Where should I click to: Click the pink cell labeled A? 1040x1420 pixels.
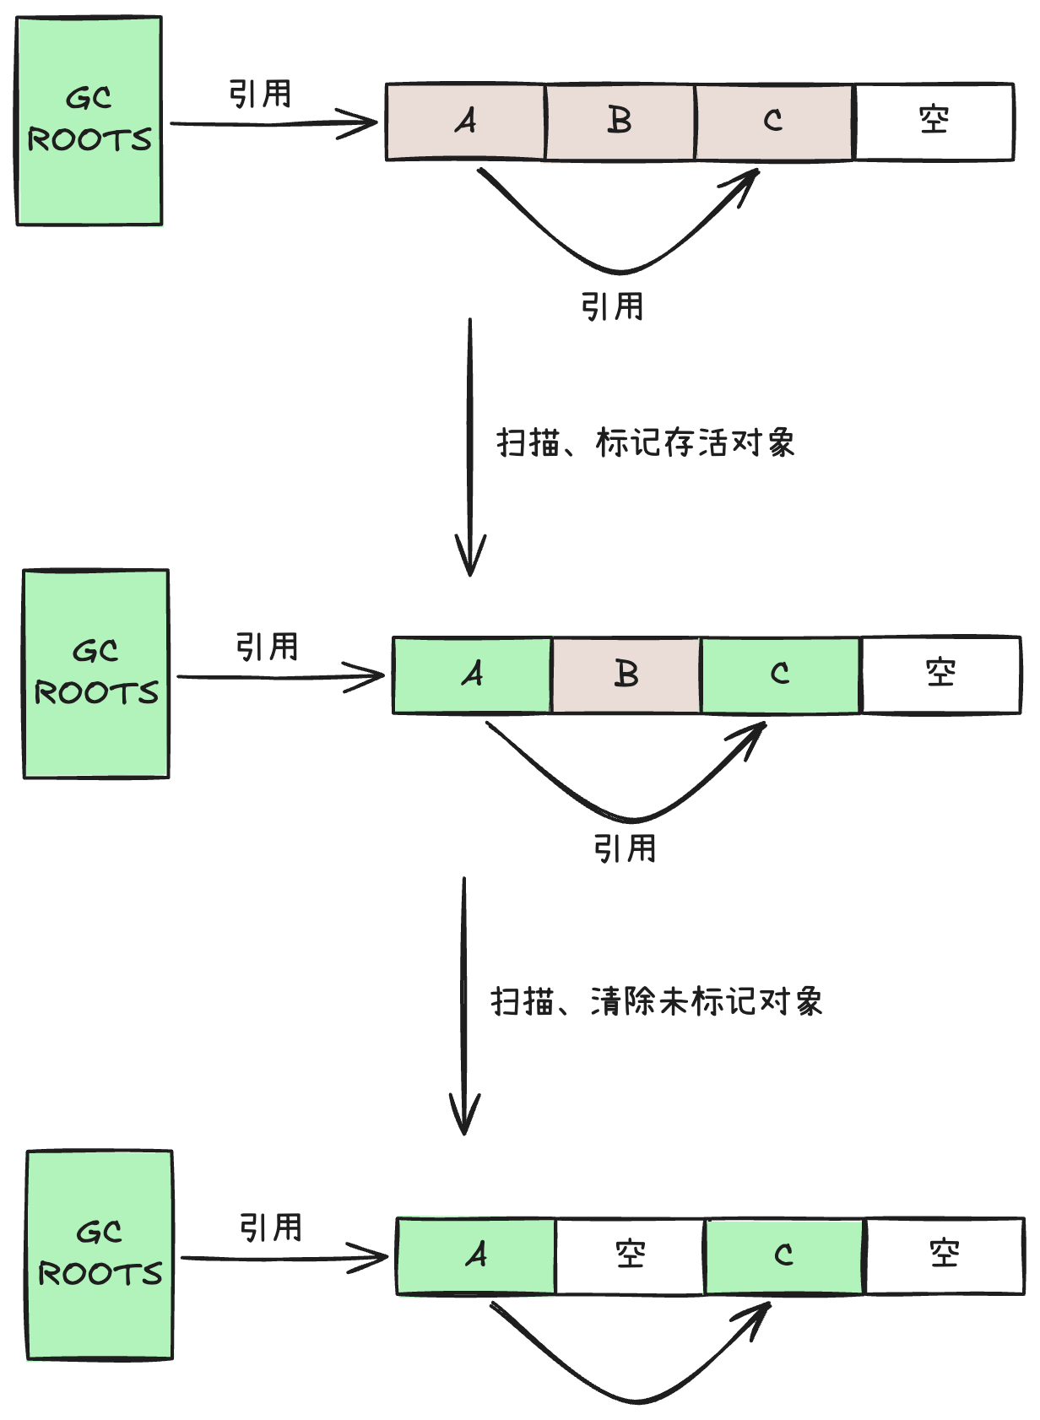coord(465,122)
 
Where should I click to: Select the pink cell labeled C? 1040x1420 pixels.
coord(774,122)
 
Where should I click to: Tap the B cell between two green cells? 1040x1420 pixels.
coord(626,675)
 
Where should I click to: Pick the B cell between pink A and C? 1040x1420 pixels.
coord(620,122)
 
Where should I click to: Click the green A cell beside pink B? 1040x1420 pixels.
coord(472,675)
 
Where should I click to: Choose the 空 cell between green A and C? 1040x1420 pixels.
coord(630,1255)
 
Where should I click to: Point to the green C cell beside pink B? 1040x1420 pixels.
coord(780,675)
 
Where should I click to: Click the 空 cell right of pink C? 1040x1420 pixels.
coord(934,122)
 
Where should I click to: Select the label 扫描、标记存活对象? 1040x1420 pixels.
coord(646,442)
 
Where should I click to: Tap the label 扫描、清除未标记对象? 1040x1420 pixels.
coord(657,1001)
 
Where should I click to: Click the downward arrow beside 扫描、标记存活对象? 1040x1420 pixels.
coord(470,447)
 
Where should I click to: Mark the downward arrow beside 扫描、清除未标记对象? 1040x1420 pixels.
coord(464,1005)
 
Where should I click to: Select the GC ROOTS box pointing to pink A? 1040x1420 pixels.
coord(89,121)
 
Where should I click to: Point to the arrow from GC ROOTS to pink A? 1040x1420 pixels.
coord(274,124)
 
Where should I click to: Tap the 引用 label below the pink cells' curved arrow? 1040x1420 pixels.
coord(612,306)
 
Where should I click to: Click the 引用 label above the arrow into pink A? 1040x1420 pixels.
coord(260,94)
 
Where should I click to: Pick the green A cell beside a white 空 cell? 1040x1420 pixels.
coord(476,1255)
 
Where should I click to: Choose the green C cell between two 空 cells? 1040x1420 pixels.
coord(784,1255)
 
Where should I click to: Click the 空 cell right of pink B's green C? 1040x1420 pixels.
coord(940,675)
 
